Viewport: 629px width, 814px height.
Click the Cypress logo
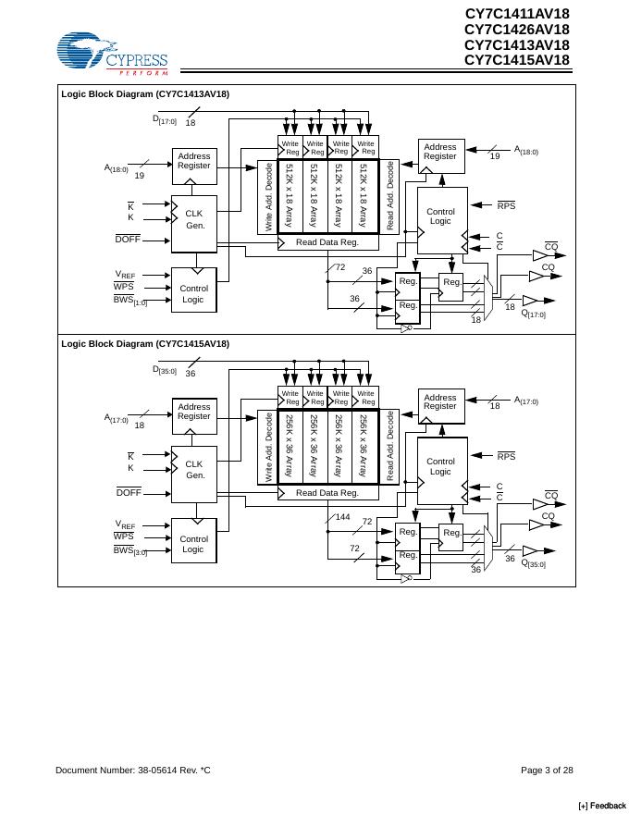coord(112,54)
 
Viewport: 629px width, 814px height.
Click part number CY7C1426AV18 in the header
coord(516,30)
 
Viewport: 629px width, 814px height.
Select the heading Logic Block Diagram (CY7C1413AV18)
coord(145,93)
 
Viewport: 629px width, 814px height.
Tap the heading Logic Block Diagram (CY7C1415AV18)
coord(145,344)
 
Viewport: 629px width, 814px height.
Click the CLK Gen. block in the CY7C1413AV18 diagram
coord(194,219)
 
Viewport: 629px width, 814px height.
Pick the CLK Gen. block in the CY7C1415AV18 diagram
coord(194,470)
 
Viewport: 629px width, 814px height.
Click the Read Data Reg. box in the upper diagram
coord(327,242)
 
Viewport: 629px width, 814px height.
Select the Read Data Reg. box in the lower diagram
coord(327,493)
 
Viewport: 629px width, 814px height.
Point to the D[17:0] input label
coord(164,119)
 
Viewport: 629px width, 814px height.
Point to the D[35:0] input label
coord(164,370)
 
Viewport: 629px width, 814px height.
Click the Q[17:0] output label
coord(534,314)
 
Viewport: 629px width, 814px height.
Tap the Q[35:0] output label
coord(534,563)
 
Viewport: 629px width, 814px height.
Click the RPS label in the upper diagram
coord(506,205)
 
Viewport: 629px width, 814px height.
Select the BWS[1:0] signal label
coord(130,300)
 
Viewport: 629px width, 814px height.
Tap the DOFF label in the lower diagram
coord(128,492)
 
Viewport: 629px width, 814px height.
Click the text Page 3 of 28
coord(547,771)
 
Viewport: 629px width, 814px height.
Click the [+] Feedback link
coord(601,806)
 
